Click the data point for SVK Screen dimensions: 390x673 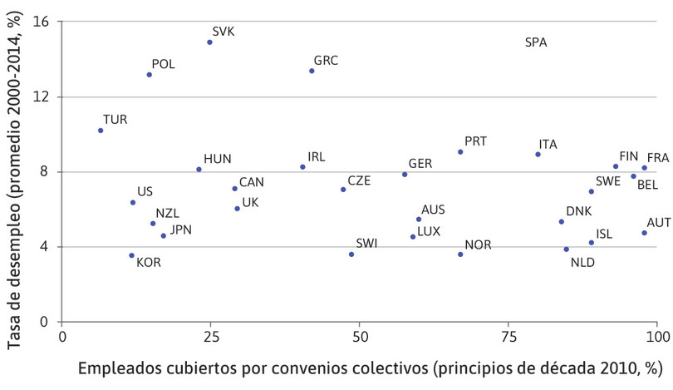[209, 42]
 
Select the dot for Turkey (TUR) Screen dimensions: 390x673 [101, 131]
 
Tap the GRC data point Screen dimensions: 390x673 [312, 71]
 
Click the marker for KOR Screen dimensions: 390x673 [131, 255]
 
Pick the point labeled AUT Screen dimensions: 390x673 [644, 233]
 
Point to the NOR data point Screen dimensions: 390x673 [460, 254]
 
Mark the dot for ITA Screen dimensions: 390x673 [538, 155]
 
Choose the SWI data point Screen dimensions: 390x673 [351, 254]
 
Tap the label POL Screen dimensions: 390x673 [163, 64]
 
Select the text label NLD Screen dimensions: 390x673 [583, 263]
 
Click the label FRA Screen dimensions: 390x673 [658, 157]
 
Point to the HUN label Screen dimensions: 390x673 [217, 159]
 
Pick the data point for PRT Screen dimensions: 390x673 [460, 152]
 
